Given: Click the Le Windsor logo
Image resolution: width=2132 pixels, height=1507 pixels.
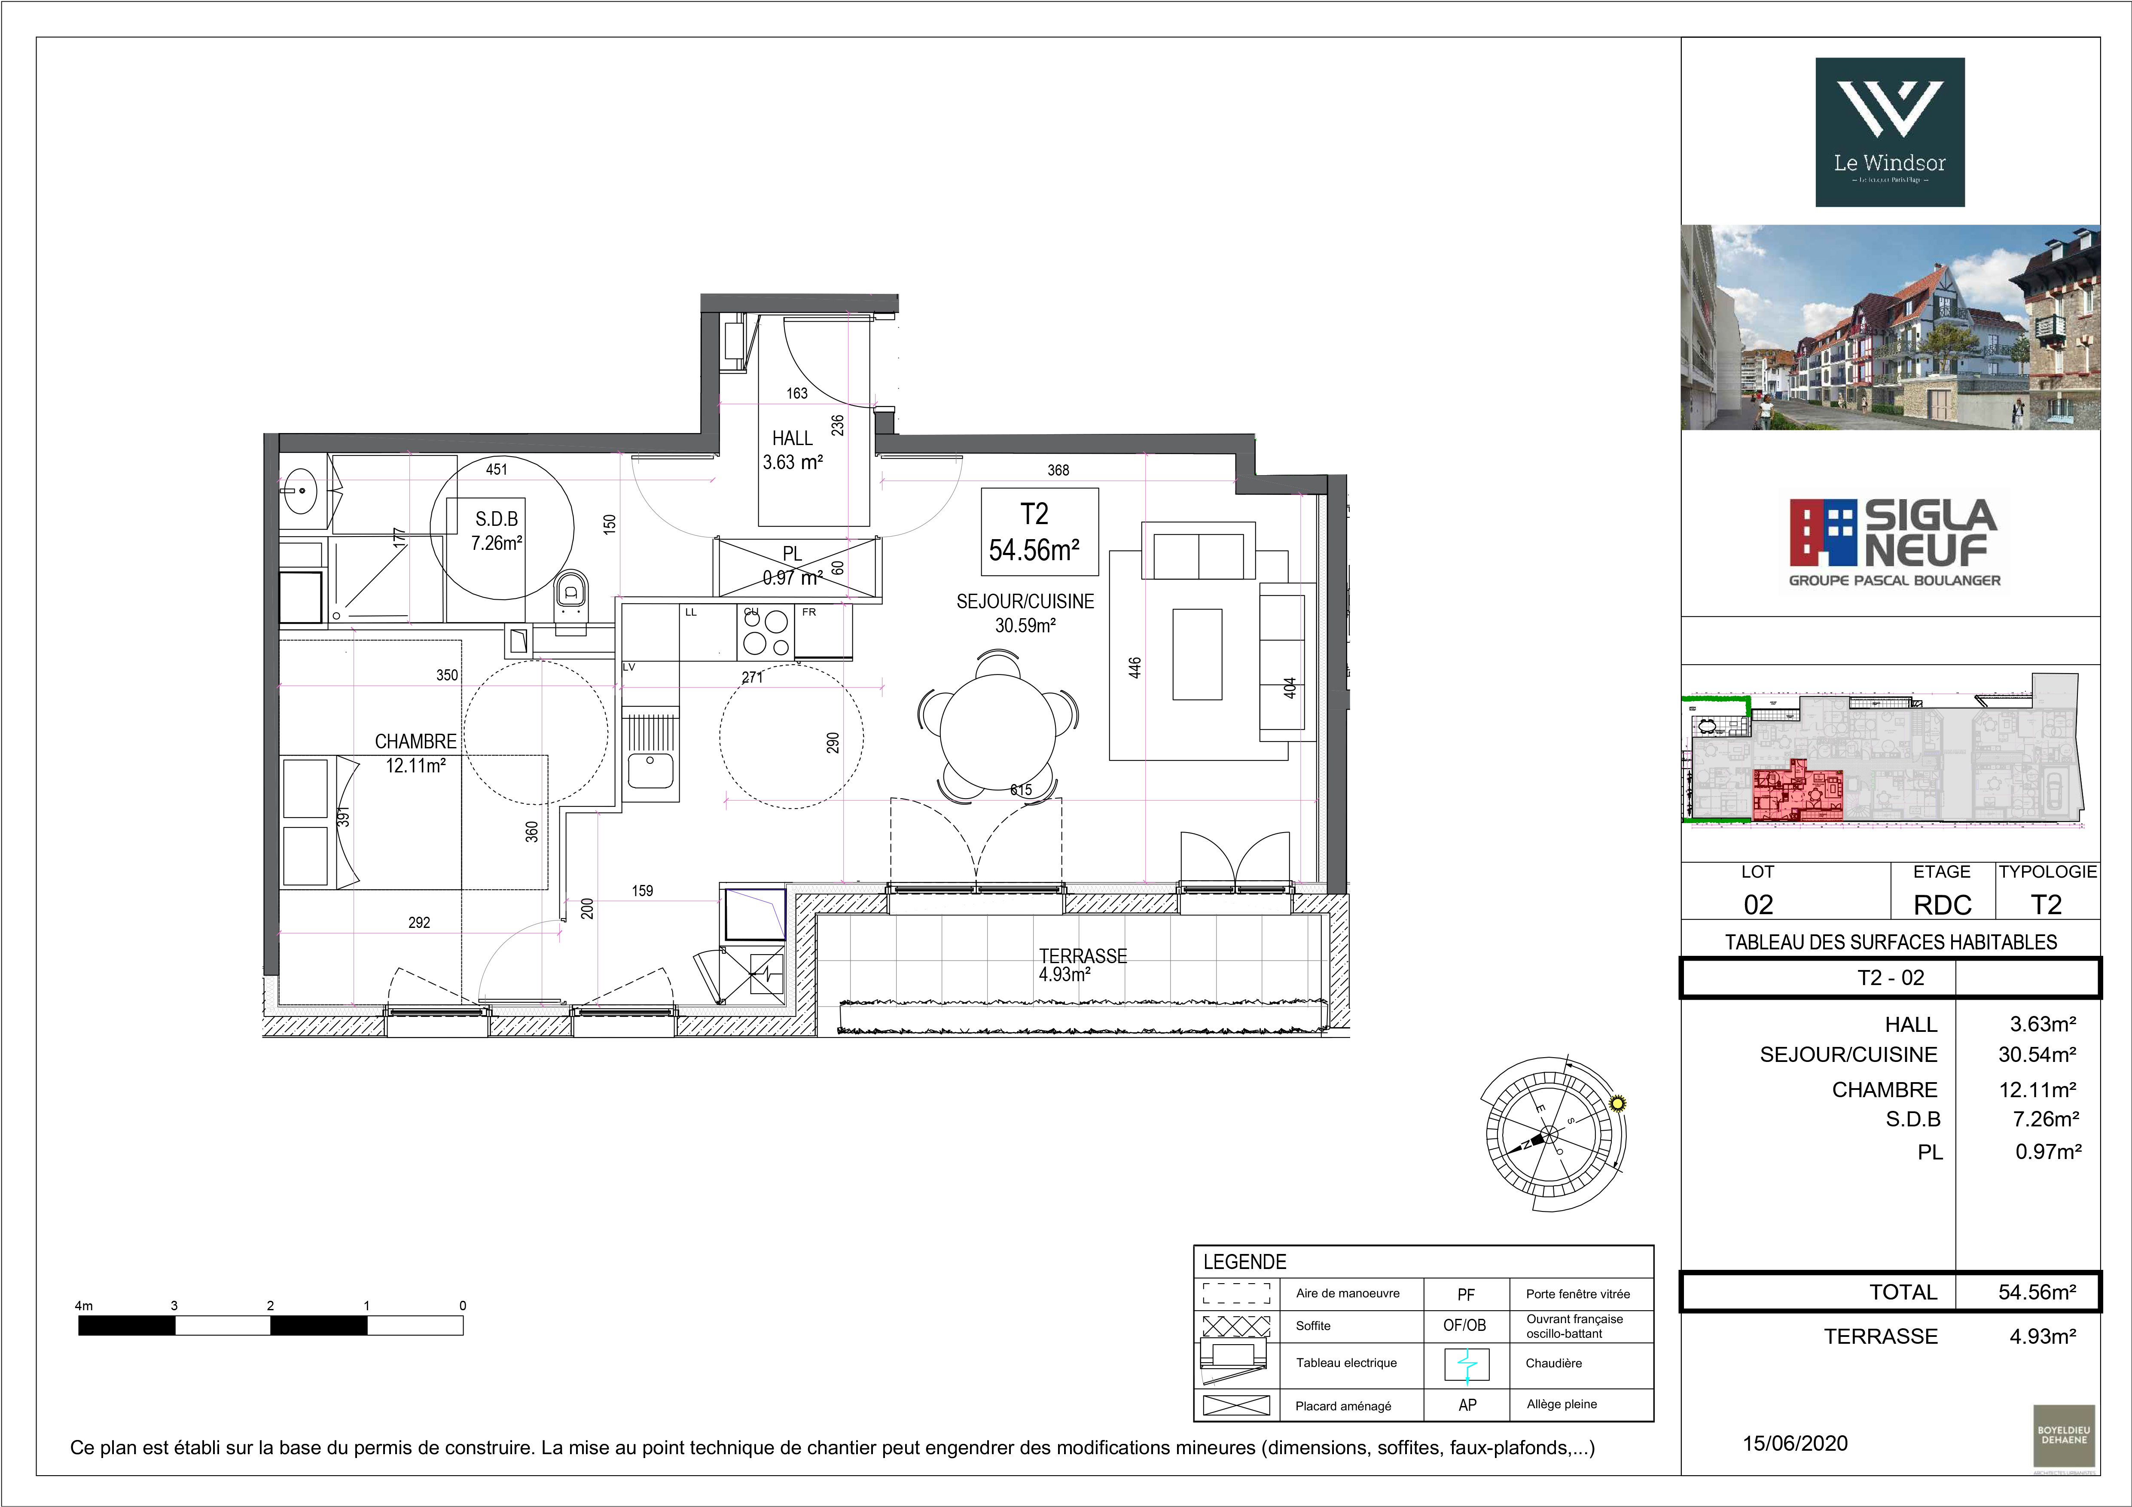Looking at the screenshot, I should coord(1890,132).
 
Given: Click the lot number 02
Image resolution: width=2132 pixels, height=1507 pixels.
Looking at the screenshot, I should coord(1758,904).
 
